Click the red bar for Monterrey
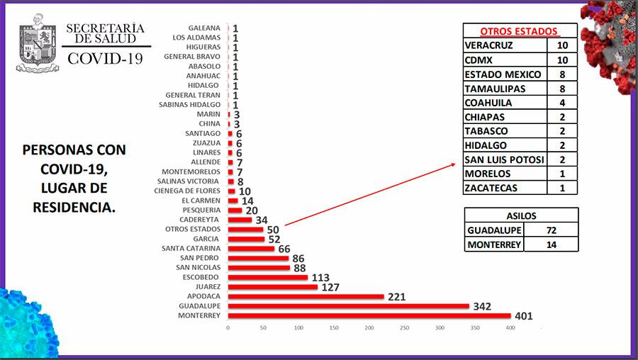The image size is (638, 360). click(369, 315)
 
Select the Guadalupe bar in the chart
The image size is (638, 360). click(348, 306)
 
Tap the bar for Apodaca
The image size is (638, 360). click(306, 296)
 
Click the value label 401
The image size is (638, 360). click(523, 316)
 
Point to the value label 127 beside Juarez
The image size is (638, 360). click(330, 287)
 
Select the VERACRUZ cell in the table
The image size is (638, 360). click(488, 46)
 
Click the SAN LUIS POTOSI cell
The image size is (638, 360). click(504, 159)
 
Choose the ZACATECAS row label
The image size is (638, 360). click(492, 188)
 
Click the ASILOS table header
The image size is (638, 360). click(521, 216)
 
